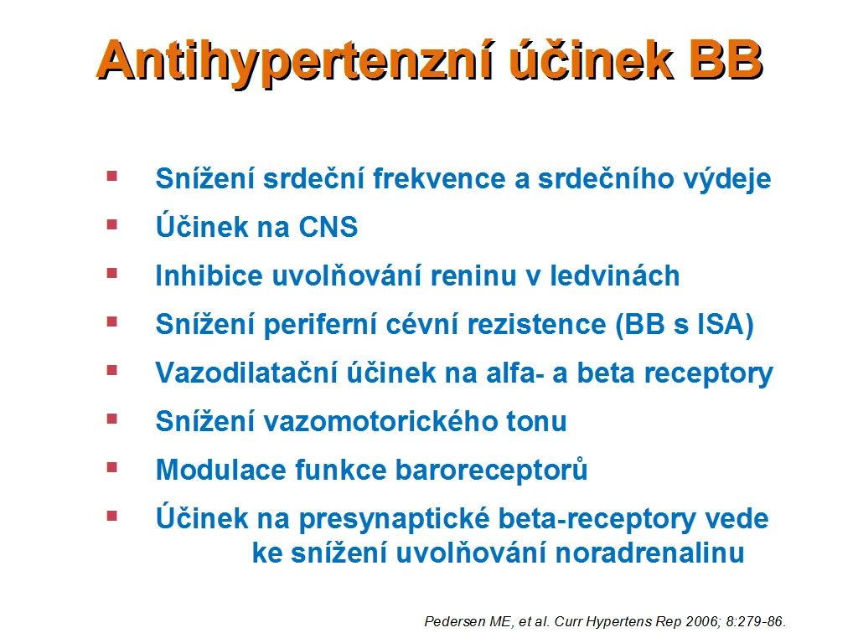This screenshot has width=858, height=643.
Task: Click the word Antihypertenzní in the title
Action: pyautogui.click(x=297, y=61)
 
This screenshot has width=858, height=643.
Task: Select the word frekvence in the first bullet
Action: pyautogui.click(x=439, y=179)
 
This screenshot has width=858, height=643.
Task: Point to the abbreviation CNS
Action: pyautogui.click(x=328, y=226)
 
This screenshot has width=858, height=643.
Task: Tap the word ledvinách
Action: pyautogui.click(x=614, y=275)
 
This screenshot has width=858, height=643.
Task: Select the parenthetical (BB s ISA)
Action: pyautogui.click(x=685, y=324)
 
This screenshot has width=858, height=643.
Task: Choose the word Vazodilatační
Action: pyautogui.click(x=246, y=373)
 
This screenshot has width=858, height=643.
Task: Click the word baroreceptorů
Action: pyautogui.click(x=491, y=471)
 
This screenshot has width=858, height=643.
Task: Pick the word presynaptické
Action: pyautogui.click(x=394, y=519)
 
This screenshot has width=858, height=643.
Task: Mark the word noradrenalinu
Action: pyautogui.click(x=649, y=553)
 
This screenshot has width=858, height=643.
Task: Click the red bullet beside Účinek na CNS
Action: pyautogui.click(x=112, y=224)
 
